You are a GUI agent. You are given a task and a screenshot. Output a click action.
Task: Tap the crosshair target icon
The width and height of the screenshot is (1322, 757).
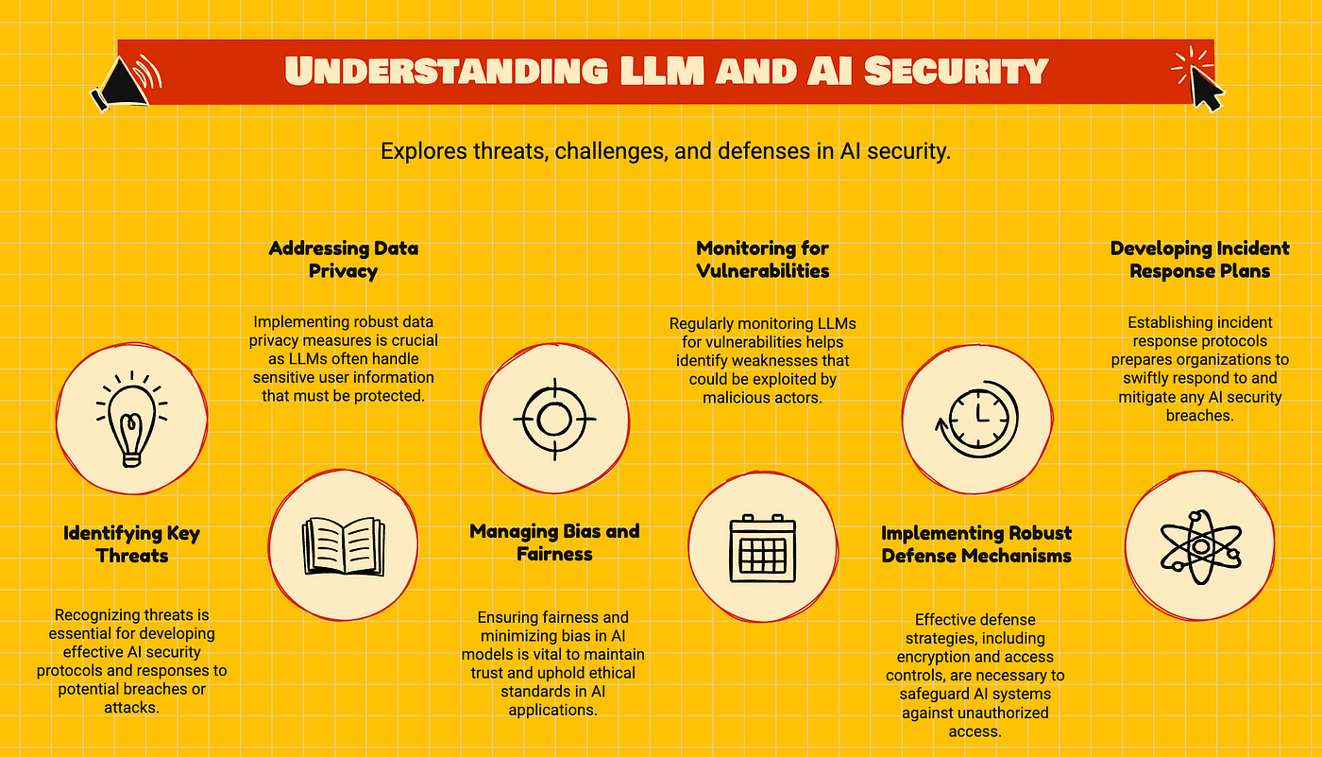tap(554, 418)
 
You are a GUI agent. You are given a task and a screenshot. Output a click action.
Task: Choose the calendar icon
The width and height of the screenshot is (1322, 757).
tap(763, 547)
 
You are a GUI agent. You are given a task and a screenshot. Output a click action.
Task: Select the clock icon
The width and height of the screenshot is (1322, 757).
tap(975, 419)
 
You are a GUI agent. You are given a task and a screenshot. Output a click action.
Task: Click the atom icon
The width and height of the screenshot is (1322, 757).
tap(1199, 546)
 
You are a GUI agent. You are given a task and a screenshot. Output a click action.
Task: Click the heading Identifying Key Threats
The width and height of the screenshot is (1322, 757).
tap(132, 544)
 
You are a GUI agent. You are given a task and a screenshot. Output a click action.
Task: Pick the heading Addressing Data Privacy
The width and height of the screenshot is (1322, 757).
tap(343, 260)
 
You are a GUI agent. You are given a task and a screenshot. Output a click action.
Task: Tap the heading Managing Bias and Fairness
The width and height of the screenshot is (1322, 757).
tap(554, 542)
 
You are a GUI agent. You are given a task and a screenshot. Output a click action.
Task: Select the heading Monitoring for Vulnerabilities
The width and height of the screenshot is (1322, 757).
tap(762, 260)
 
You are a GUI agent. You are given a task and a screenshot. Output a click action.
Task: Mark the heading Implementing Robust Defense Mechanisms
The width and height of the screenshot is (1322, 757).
tap(976, 544)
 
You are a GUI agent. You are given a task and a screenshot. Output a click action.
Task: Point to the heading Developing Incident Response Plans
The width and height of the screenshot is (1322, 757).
tap(1199, 260)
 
